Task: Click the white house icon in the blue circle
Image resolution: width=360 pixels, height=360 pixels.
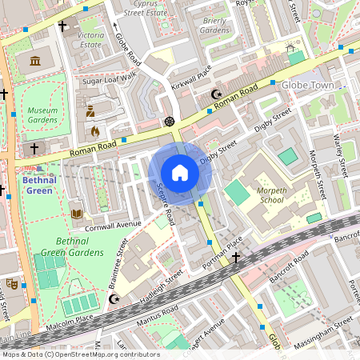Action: tap(180, 173)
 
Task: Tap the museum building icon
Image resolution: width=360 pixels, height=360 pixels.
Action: tap(34, 62)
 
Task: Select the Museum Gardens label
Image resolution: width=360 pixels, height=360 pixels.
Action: tap(42, 114)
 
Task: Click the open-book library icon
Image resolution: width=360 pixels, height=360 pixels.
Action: tap(77, 214)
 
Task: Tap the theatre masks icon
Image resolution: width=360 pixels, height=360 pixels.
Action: tap(11, 283)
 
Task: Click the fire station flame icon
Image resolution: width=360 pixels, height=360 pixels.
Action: tap(94, 130)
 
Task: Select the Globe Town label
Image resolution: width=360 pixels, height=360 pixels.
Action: tap(309, 85)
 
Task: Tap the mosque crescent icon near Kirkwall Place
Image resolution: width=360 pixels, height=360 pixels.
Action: tap(214, 95)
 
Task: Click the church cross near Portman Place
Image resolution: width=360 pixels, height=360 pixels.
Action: tap(235, 258)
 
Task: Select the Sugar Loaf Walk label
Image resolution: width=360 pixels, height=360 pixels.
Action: tap(110, 81)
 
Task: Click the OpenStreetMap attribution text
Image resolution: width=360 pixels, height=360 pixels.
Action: tap(81, 354)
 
